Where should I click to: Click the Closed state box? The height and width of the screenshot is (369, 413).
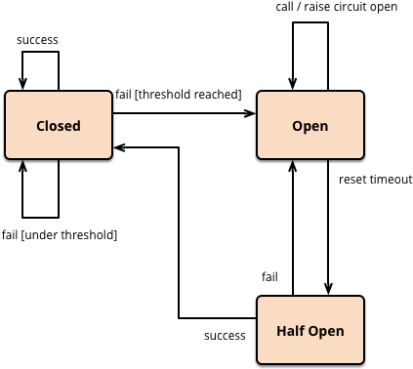pyautogui.click(x=59, y=125)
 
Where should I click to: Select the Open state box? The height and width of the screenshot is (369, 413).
pyautogui.click(x=310, y=125)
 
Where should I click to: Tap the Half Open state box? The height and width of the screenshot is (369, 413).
pyautogui.click(x=310, y=330)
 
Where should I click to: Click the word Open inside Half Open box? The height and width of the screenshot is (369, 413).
pyautogui.click(x=327, y=331)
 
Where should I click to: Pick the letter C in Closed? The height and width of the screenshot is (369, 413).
pyautogui.click(x=41, y=126)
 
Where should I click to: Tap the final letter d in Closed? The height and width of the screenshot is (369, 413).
pyautogui.click(x=76, y=126)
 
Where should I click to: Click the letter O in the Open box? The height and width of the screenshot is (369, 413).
pyautogui.click(x=297, y=126)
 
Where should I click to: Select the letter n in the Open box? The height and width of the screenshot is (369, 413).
pyautogui.click(x=324, y=127)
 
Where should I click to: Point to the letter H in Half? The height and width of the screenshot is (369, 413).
pyautogui.click(x=281, y=331)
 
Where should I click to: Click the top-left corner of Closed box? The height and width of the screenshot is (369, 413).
pyautogui.click(x=8, y=94)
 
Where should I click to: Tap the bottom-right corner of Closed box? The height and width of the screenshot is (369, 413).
pyautogui.click(x=109, y=156)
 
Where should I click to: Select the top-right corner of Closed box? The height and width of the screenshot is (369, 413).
pyautogui.click(x=109, y=94)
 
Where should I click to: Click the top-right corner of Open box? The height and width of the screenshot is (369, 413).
pyautogui.click(x=361, y=94)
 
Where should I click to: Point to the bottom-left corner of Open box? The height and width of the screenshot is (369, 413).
pyautogui.click(x=260, y=156)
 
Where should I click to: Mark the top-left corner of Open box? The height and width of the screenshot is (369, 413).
pyautogui.click(x=260, y=94)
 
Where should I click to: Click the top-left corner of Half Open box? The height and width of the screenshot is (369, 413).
pyautogui.click(x=260, y=299)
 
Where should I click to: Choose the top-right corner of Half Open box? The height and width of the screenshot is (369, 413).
pyautogui.click(x=361, y=299)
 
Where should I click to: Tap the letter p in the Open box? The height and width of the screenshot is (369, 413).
pyautogui.click(x=307, y=127)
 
